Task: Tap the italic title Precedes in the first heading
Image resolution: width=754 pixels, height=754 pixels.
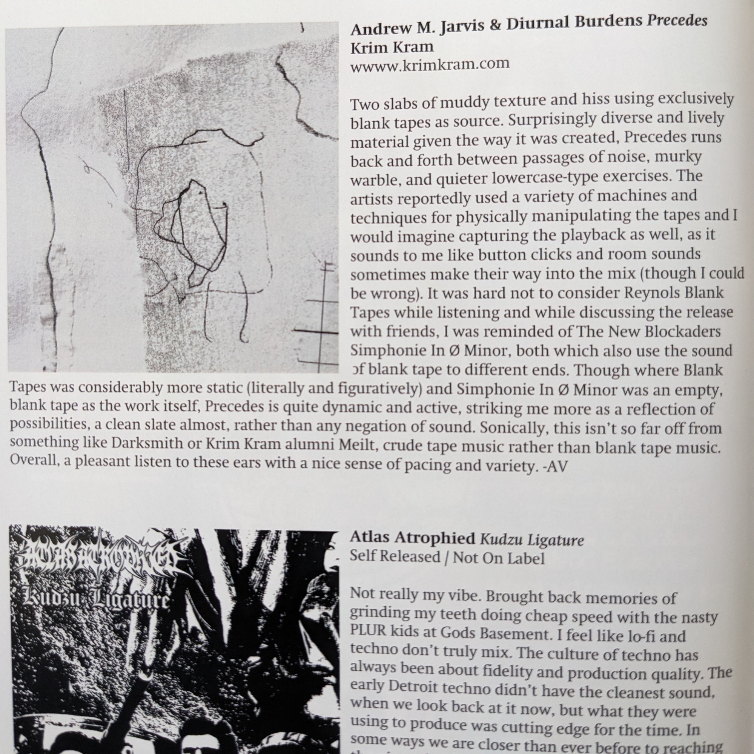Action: tap(677, 20)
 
